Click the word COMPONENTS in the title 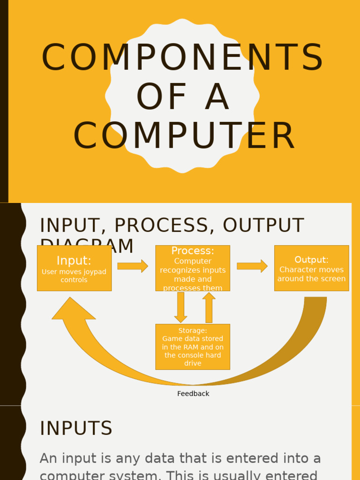pos(182,58)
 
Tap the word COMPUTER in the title pos(184,136)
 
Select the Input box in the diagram pos(74,268)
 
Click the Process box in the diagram pos(193,268)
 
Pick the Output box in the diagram pos(311,268)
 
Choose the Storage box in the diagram pos(193,347)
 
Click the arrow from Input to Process pos(133,266)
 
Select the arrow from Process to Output pos(252,266)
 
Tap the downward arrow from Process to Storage pos(180,307)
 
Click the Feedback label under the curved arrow pos(193,394)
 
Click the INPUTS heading pos(76,428)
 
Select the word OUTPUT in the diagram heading pos(263,225)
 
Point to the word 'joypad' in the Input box pos(94,272)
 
